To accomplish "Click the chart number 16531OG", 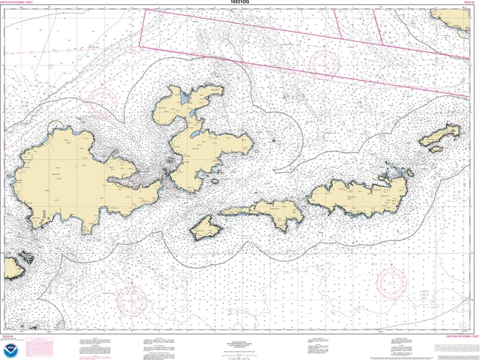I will click(240, 3).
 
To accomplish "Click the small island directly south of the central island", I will click(204, 227).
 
